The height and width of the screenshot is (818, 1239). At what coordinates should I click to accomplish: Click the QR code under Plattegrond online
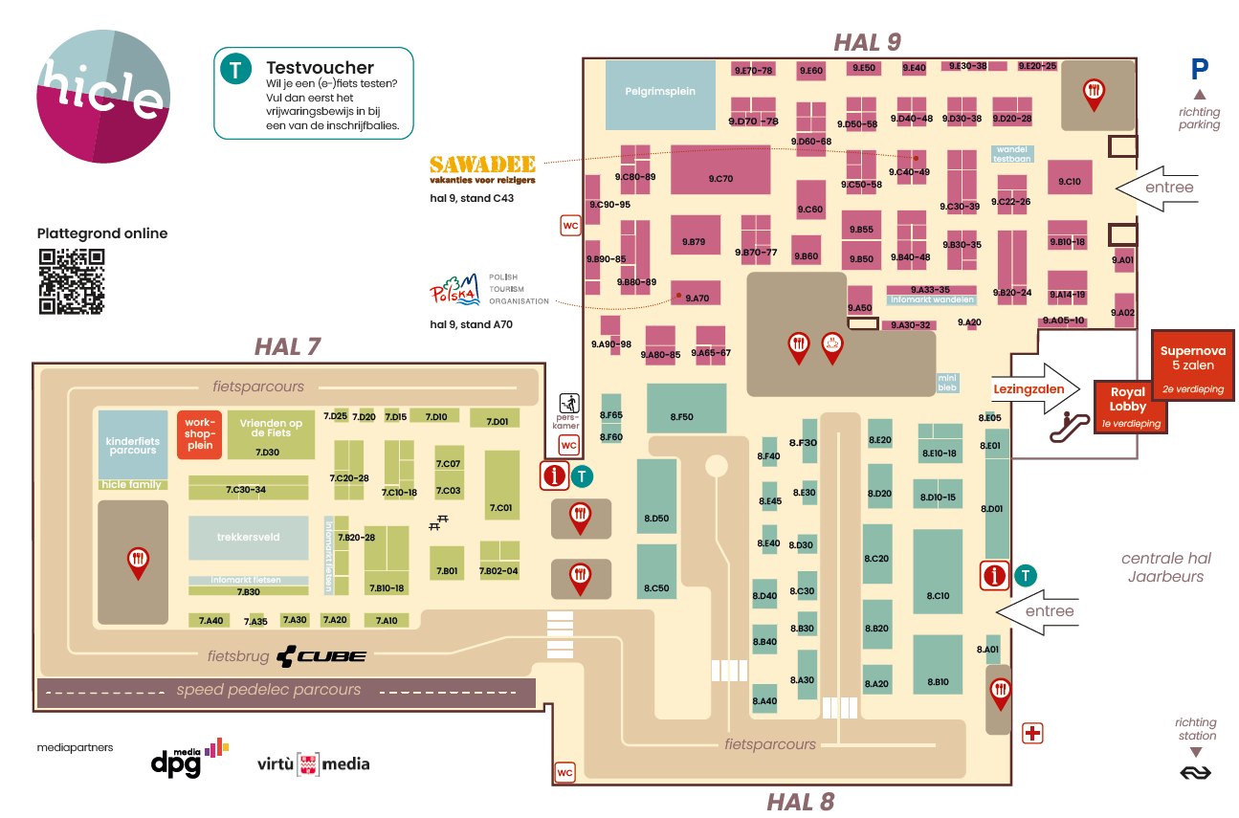[71, 281]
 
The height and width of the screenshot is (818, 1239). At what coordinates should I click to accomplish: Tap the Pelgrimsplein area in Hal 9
[660, 93]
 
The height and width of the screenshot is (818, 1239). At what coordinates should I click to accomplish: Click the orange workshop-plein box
[200, 434]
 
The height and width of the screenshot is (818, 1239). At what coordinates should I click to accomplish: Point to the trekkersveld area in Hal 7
[248, 537]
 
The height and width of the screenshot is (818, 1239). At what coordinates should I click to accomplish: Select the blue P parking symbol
[1200, 69]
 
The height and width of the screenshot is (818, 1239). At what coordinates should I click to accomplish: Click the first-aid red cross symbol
[1033, 733]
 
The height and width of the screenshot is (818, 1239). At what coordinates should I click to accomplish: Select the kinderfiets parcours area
[131, 444]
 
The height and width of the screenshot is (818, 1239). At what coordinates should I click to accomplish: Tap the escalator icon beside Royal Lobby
[1071, 423]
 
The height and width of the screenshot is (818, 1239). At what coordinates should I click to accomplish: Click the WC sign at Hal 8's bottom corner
[565, 771]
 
